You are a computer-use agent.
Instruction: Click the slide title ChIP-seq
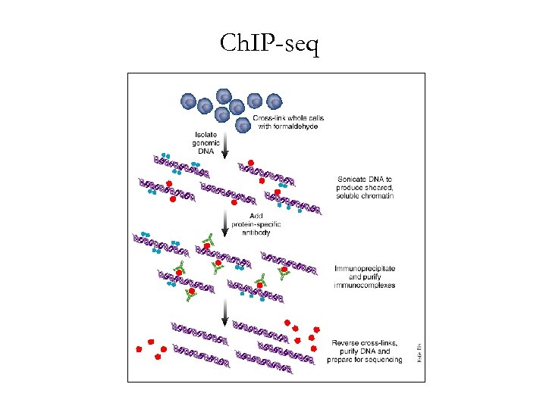pyautogui.click(x=270, y=45)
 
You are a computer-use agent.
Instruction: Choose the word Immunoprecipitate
pyautogui.click(x=365, y=269)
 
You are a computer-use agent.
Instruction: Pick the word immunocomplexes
pyautogui.click(x=365, y=286)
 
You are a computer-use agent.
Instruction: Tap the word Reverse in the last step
pyautogui.click(x=348, y=343)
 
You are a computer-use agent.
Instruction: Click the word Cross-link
pyautogui.click(x=271, y=118)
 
